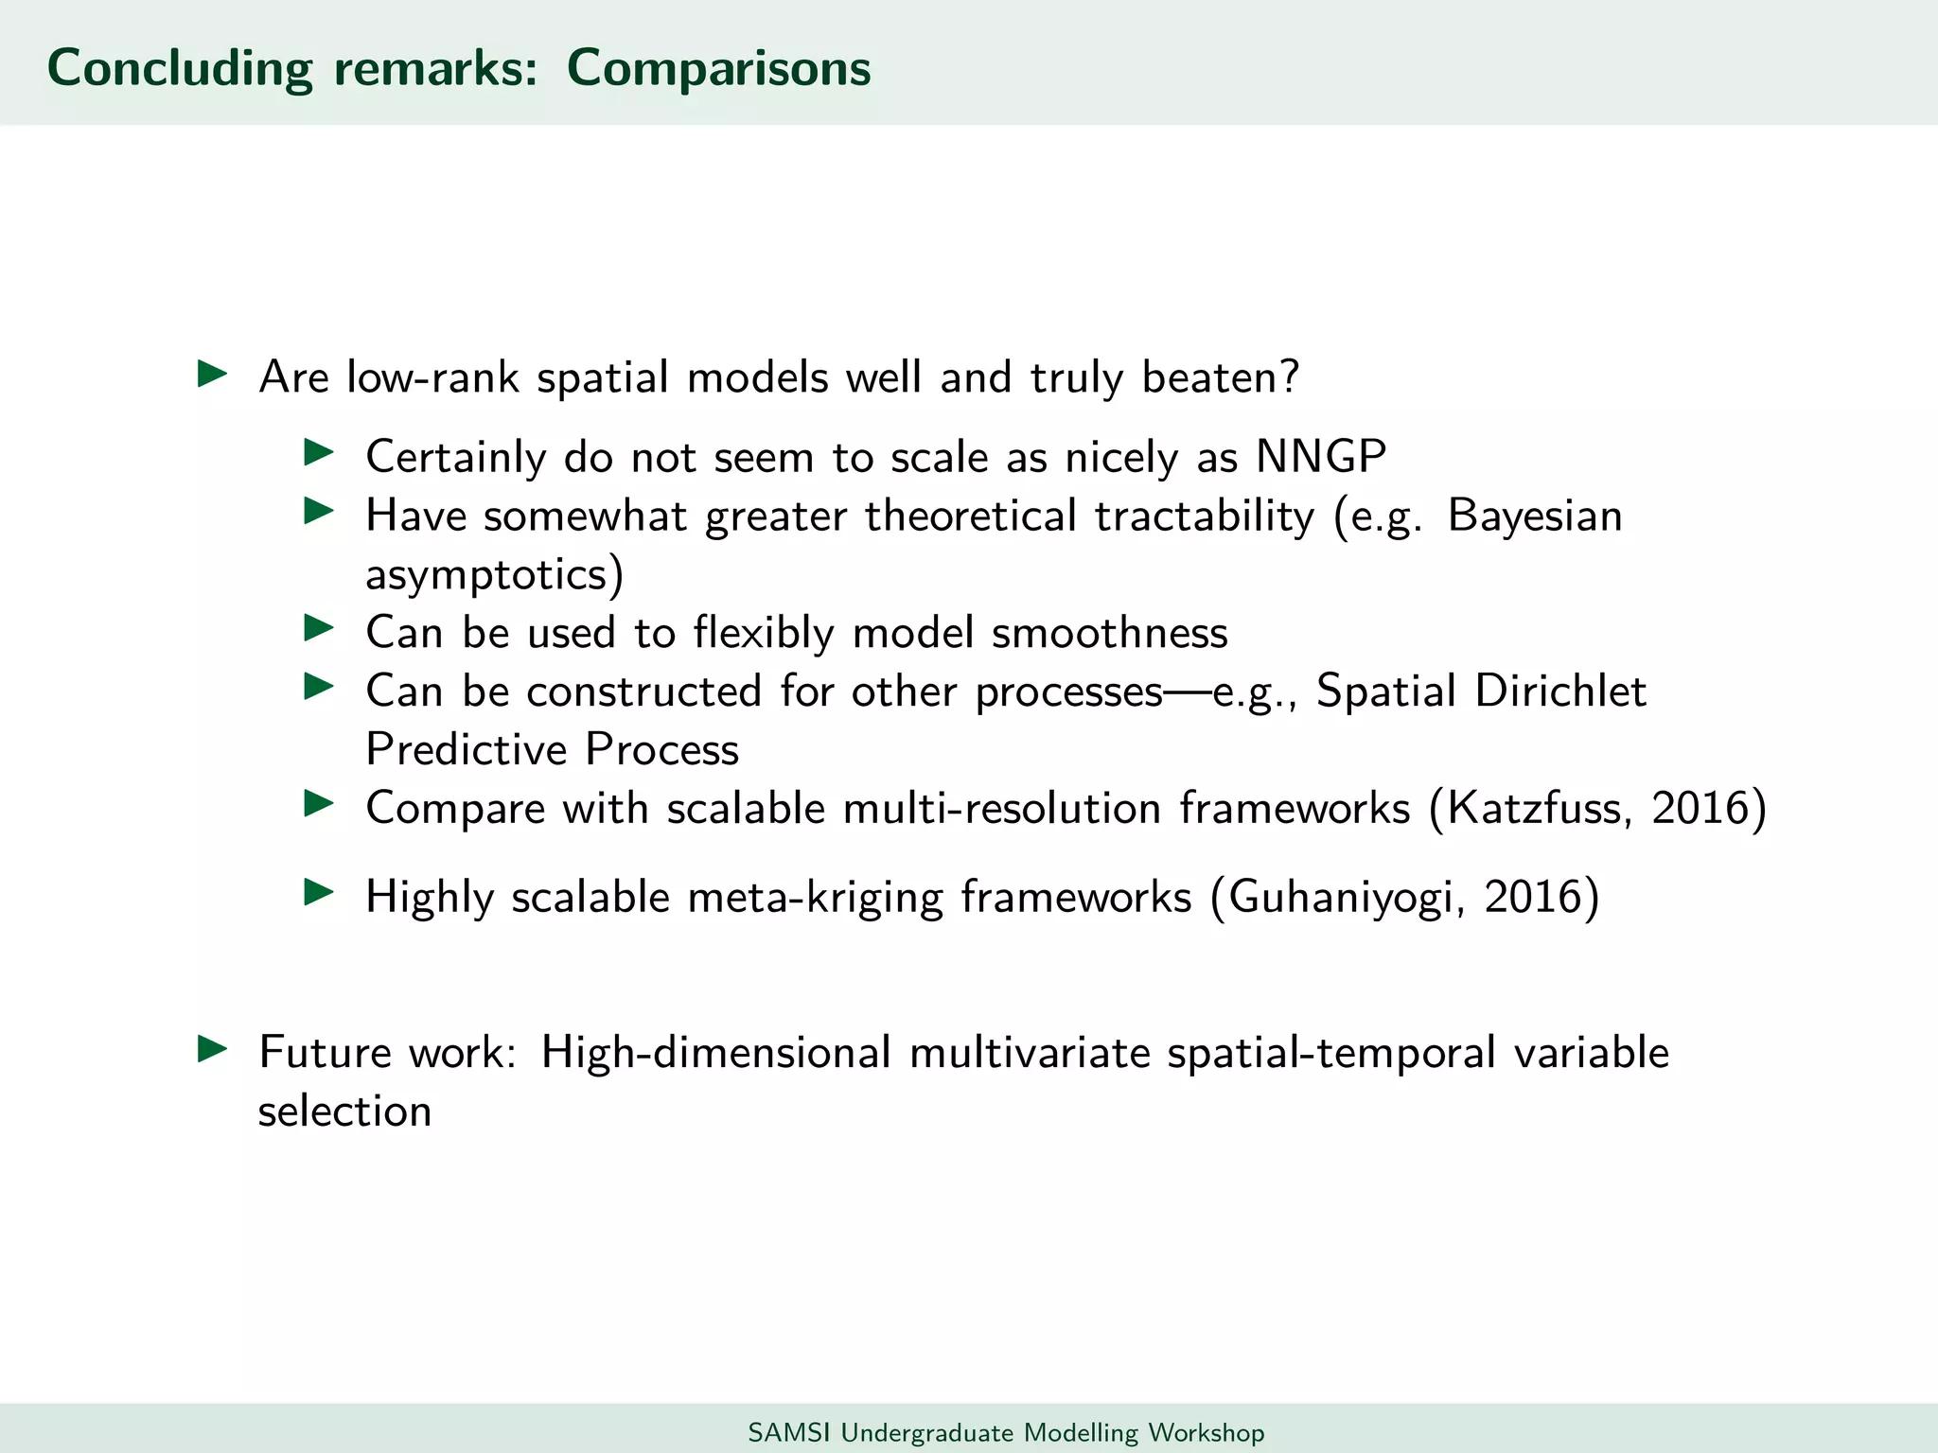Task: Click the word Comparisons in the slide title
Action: click(x=718, y=68)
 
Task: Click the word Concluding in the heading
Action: click(x=180, y=68)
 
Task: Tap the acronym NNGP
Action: click(x=1321, y=457)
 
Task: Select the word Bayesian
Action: click(x=1535, y=516)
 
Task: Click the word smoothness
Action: click(x=1109, y=633)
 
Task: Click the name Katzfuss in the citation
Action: click(x=1539, y=809)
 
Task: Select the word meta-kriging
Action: click(x=815, y=897)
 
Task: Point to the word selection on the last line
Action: click(x=344, y=1112)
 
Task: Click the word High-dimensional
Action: click(x=715, y=1053)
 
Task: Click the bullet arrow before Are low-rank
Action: click(x=212, y=374)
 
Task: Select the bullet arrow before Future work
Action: click(x=212, y=1049)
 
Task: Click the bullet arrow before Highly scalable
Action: click(x=319, y=892)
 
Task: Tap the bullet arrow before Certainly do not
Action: click(x=319, y=452)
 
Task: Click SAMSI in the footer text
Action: click(x=788, y=1432)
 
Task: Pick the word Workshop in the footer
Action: click(x=1206, y=1432)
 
